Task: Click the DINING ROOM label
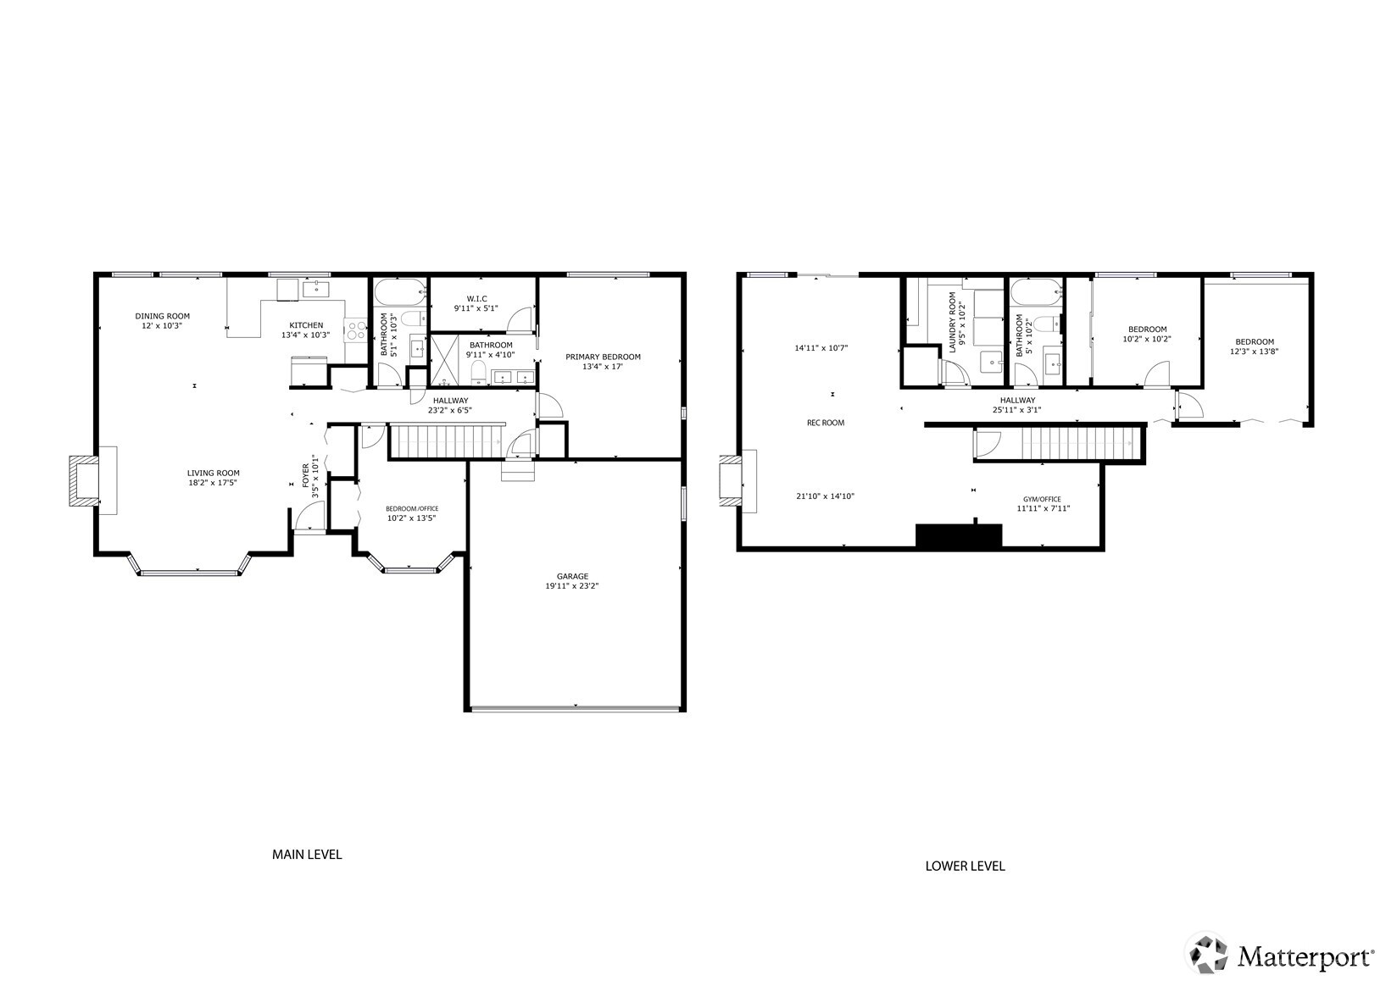(162, 316)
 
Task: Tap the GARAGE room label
(572, 576)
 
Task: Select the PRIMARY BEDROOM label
(603, 357)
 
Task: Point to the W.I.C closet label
(476, 298)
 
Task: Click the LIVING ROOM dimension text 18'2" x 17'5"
(214, 485)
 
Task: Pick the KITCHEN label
(306, 325)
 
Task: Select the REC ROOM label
(825, 423)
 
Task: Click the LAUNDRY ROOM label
(952, 322)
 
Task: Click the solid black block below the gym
(959, 536)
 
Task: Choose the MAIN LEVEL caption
(307, 855)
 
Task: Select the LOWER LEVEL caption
(965, 866)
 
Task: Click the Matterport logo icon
(1207, 956)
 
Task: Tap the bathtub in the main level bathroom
(398, 293)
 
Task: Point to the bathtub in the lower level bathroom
(1035, 293)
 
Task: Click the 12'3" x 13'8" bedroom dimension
(1255, 351)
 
